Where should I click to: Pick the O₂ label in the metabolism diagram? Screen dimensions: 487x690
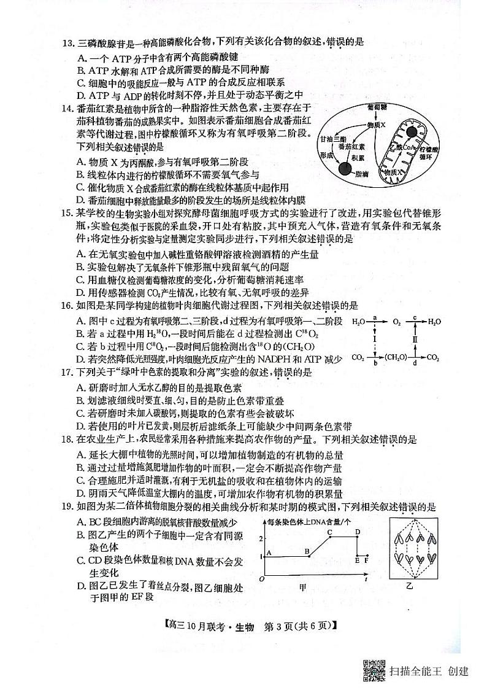pos(396,321)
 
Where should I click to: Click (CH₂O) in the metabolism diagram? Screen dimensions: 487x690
pos(396,357)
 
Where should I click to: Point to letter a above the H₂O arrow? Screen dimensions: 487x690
pos(374,317)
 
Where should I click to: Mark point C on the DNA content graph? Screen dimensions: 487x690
pos(330,532)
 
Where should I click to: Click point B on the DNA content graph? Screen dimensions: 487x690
pos(307,552)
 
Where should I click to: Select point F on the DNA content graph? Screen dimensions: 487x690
pos(366,560)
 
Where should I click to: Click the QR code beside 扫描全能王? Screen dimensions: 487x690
pos(373,670)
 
